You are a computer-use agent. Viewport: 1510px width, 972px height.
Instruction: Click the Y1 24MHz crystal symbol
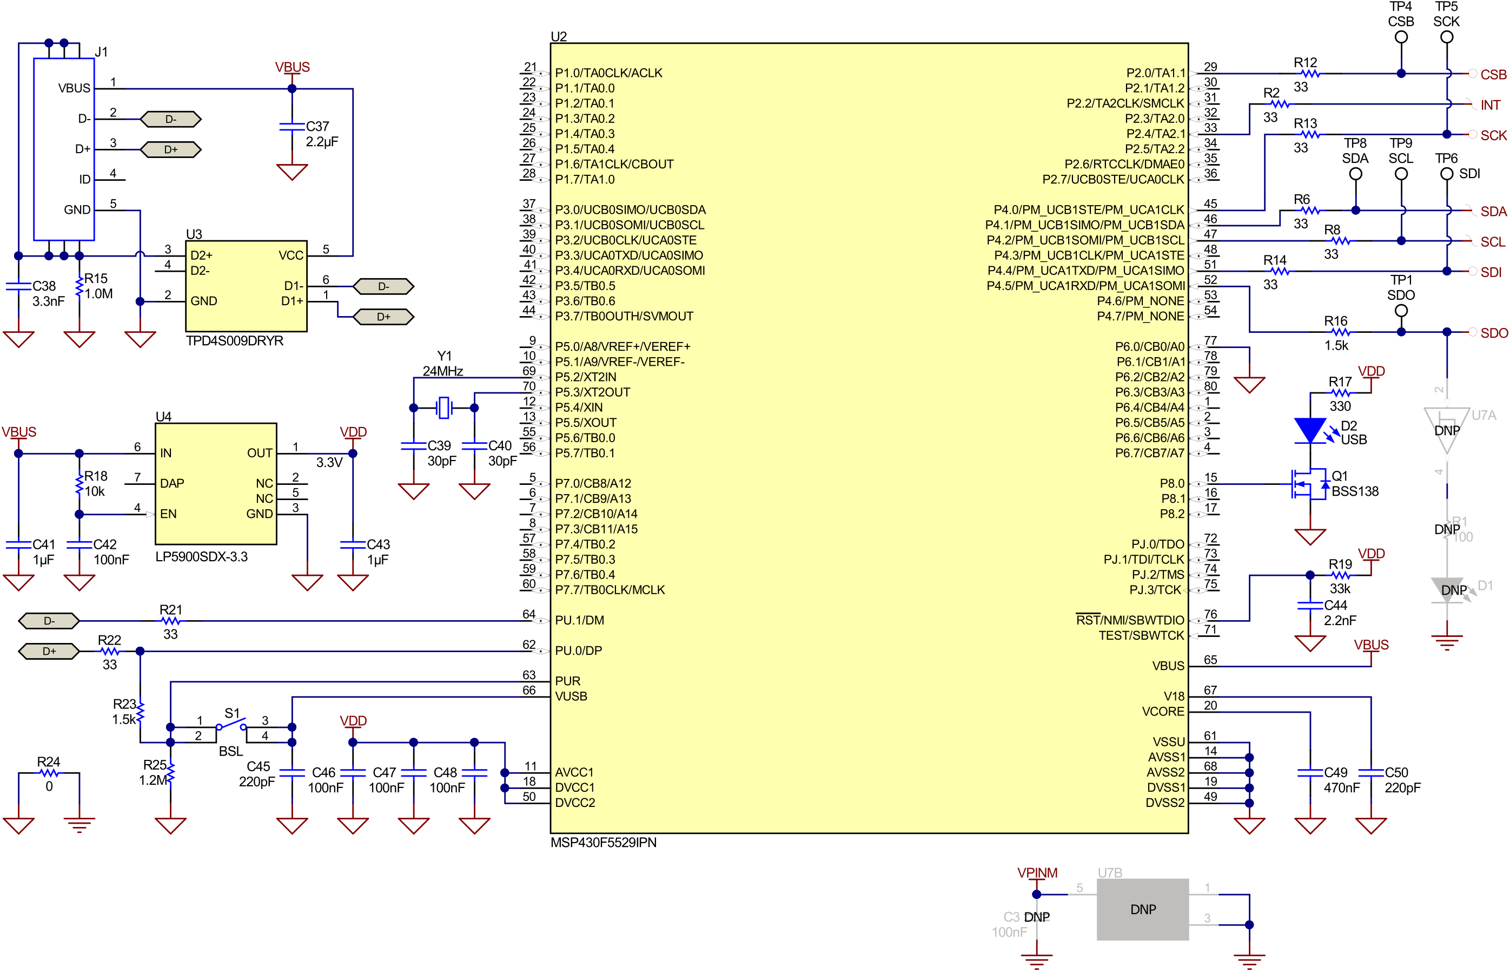[444, 407]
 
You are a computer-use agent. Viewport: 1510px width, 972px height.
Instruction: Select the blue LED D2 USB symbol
[1309, 430]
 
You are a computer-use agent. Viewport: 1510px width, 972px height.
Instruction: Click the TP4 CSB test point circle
[1400, 37]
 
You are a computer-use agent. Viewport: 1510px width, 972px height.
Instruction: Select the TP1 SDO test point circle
[1400, 311]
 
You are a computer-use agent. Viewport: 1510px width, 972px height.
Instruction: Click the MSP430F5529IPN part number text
[603, 843]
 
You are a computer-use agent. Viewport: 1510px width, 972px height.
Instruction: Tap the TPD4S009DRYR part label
[234, 341]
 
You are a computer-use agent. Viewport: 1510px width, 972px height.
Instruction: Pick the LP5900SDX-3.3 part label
[201, 557]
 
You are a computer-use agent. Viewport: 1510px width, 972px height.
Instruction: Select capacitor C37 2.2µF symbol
[292, 127]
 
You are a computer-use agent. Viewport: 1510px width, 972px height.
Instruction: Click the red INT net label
[1490, 105]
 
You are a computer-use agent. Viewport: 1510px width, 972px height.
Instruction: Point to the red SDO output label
[1494, 333]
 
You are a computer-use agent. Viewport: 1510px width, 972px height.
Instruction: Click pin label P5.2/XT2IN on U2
[585, 377]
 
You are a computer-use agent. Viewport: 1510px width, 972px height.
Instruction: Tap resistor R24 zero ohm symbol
[49, 772]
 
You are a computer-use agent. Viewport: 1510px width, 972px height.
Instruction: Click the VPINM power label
[1036, 873]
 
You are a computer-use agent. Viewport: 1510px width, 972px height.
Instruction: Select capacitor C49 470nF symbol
[1309, 772]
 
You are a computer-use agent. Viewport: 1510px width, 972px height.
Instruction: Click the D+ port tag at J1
[170, 149]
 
